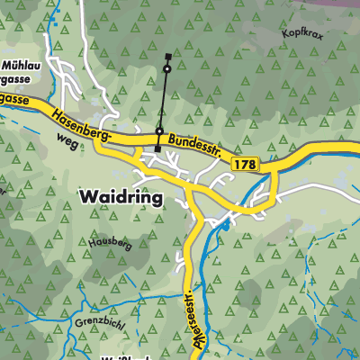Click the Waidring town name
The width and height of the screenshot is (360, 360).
point(121,196)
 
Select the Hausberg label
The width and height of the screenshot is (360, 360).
point(111,243)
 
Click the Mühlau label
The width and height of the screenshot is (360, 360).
point(21,66)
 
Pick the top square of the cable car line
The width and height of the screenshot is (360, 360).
point(167,57)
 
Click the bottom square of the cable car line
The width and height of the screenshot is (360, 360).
point(157,148)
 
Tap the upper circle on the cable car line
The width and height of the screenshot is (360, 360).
point(166,68)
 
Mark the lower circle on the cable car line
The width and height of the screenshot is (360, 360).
point(159,131)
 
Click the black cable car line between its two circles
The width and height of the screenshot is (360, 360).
point(163,99)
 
